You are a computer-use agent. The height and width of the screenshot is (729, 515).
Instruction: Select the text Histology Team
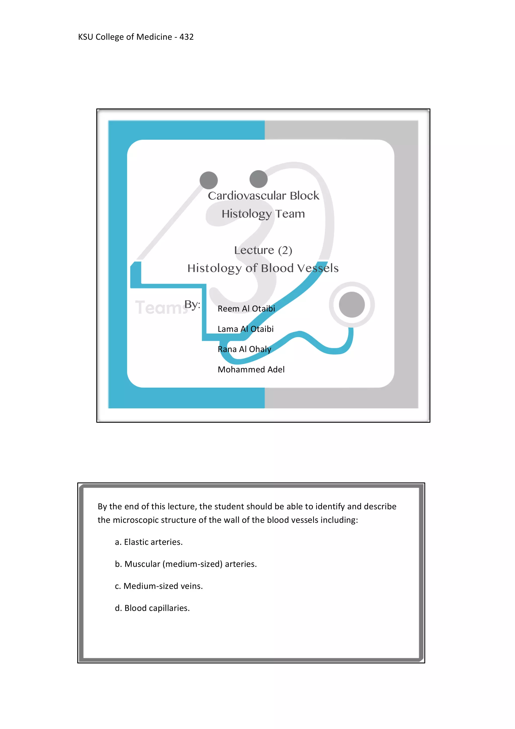[263, 214]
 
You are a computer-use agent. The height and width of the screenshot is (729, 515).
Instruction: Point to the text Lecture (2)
[263, 250]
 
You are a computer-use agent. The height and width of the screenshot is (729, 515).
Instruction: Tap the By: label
[192, 304]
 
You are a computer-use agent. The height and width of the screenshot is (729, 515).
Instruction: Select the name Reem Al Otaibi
[246, 309]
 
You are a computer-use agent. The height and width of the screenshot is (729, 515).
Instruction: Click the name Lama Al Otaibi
[245, 329]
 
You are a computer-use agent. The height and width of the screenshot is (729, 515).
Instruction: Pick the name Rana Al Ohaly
[244, 349]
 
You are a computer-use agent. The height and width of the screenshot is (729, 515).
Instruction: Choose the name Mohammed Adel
[251, 370]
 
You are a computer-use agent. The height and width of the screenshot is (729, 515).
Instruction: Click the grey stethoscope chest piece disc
[352, 304]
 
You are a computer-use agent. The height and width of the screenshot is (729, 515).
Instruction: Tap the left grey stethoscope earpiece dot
[208, 180]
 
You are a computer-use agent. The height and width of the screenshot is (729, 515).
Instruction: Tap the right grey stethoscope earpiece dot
[259, 179]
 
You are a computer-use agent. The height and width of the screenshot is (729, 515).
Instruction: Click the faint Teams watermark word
[160, 308]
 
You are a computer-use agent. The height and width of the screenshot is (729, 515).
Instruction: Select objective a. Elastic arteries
[149, 542]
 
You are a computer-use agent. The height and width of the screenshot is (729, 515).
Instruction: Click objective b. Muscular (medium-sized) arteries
[186, 564]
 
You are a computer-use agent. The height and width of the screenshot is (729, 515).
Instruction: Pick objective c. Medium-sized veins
[159, 586]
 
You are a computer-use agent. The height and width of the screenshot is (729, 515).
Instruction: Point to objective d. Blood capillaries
[152, 608]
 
